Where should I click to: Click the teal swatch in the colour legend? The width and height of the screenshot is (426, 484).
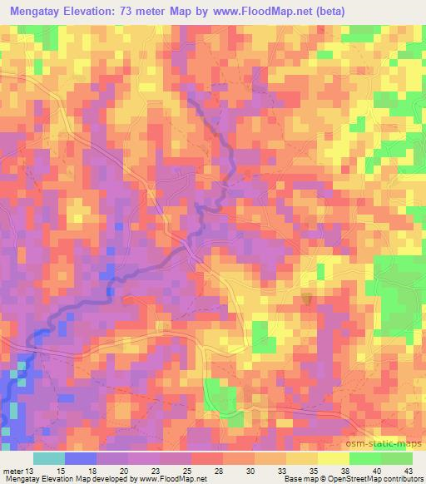pos(49,457)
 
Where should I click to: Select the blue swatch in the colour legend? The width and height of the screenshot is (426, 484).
pos(81,457)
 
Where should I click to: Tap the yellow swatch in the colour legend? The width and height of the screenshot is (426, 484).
pos(333,457)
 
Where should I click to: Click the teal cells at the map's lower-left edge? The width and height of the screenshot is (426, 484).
pos(13,411)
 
